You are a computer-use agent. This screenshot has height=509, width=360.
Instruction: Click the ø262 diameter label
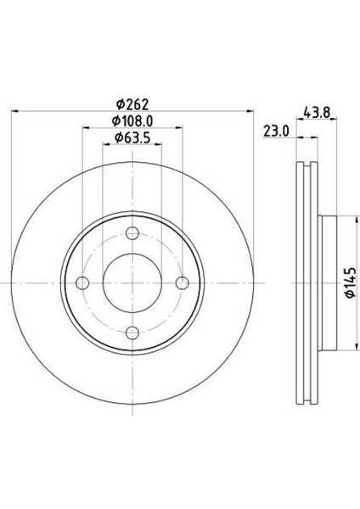pyautogui.click(x=132, y=104)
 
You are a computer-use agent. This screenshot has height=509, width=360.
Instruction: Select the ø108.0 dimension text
pyautogui.click(x=132, y=121)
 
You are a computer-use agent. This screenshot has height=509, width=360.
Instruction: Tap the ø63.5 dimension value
pyautogui.click(x=132, y=138)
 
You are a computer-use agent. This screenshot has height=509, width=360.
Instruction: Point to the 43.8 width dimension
pyautogui.click(x=317, y=113)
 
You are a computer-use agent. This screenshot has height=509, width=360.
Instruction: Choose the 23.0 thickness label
pyautogui.click(x=276, y=131)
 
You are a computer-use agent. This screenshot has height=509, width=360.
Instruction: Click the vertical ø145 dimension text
pyautogui.click(x=350, y=282)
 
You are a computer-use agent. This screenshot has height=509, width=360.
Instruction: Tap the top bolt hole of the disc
pyautogui.click(x=132, y=233)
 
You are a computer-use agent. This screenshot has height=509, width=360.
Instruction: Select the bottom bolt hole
pyautogui.click(x=132, y=333)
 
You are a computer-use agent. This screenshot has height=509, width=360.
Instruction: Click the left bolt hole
pyautogui.click(x=82, y=283)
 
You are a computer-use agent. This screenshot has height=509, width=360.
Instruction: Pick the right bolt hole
pyautogui.click(x=183, y=283)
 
